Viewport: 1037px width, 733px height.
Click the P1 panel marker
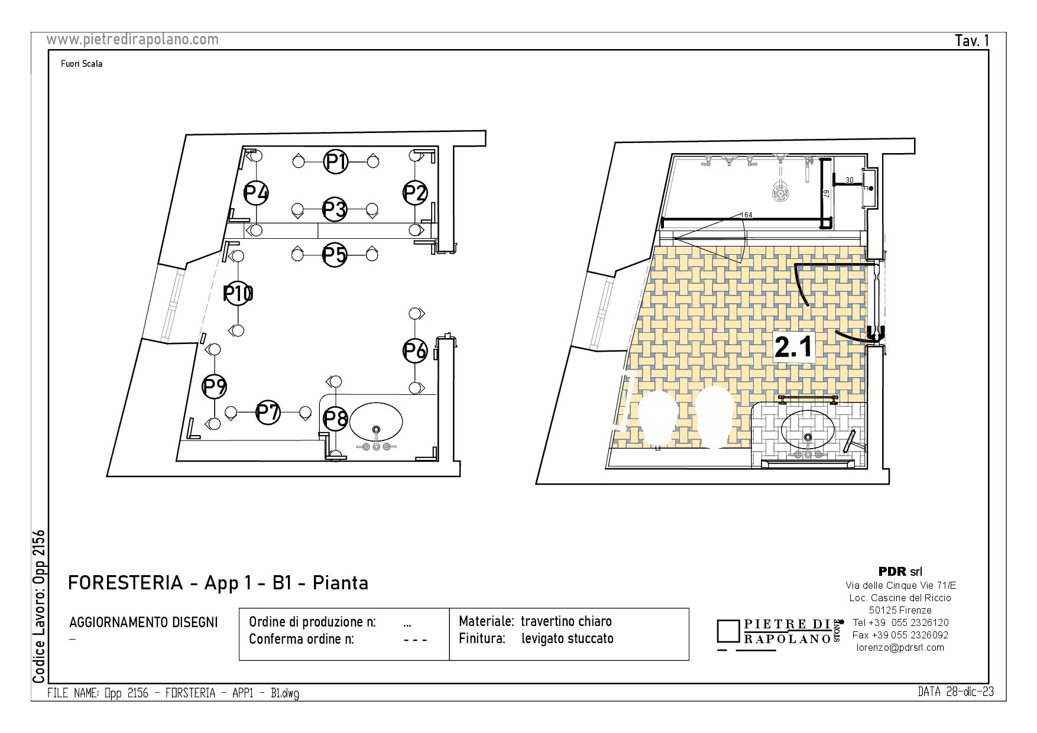(336, 161)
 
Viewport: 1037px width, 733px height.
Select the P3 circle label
(335, 209)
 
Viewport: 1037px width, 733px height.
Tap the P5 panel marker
(335, 255)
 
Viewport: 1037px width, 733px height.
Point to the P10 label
(238, 293)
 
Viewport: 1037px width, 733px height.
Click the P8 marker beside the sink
(335, 419)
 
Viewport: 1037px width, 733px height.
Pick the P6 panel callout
(414, 351)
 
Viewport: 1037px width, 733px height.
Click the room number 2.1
(795, 347)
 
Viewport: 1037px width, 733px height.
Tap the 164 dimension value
(747, 215)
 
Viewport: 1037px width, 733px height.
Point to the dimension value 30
(850, 180)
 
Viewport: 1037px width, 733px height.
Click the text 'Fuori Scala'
(82, 64)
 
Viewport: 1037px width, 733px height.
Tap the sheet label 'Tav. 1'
(972, 40)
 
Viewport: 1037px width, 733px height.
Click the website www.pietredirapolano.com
(132, 39)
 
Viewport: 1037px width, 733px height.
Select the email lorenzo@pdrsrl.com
(900, 647)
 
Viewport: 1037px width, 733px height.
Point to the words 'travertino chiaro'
(566, 621)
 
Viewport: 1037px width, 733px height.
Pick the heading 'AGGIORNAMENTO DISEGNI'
(144, 622)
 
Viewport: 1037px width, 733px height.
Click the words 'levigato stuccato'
(568, 639)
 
